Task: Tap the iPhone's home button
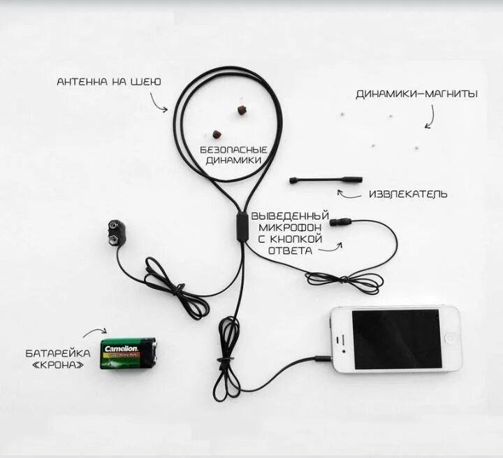coord(341,340)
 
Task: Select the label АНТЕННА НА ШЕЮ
coord(109,82)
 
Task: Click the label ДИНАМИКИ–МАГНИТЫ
coord(416,94)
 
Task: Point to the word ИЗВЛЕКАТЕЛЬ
coord(408,194)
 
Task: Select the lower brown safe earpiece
coord(217,134)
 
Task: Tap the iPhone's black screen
coord(396,339)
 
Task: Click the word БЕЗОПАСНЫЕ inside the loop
coord(233,150)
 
